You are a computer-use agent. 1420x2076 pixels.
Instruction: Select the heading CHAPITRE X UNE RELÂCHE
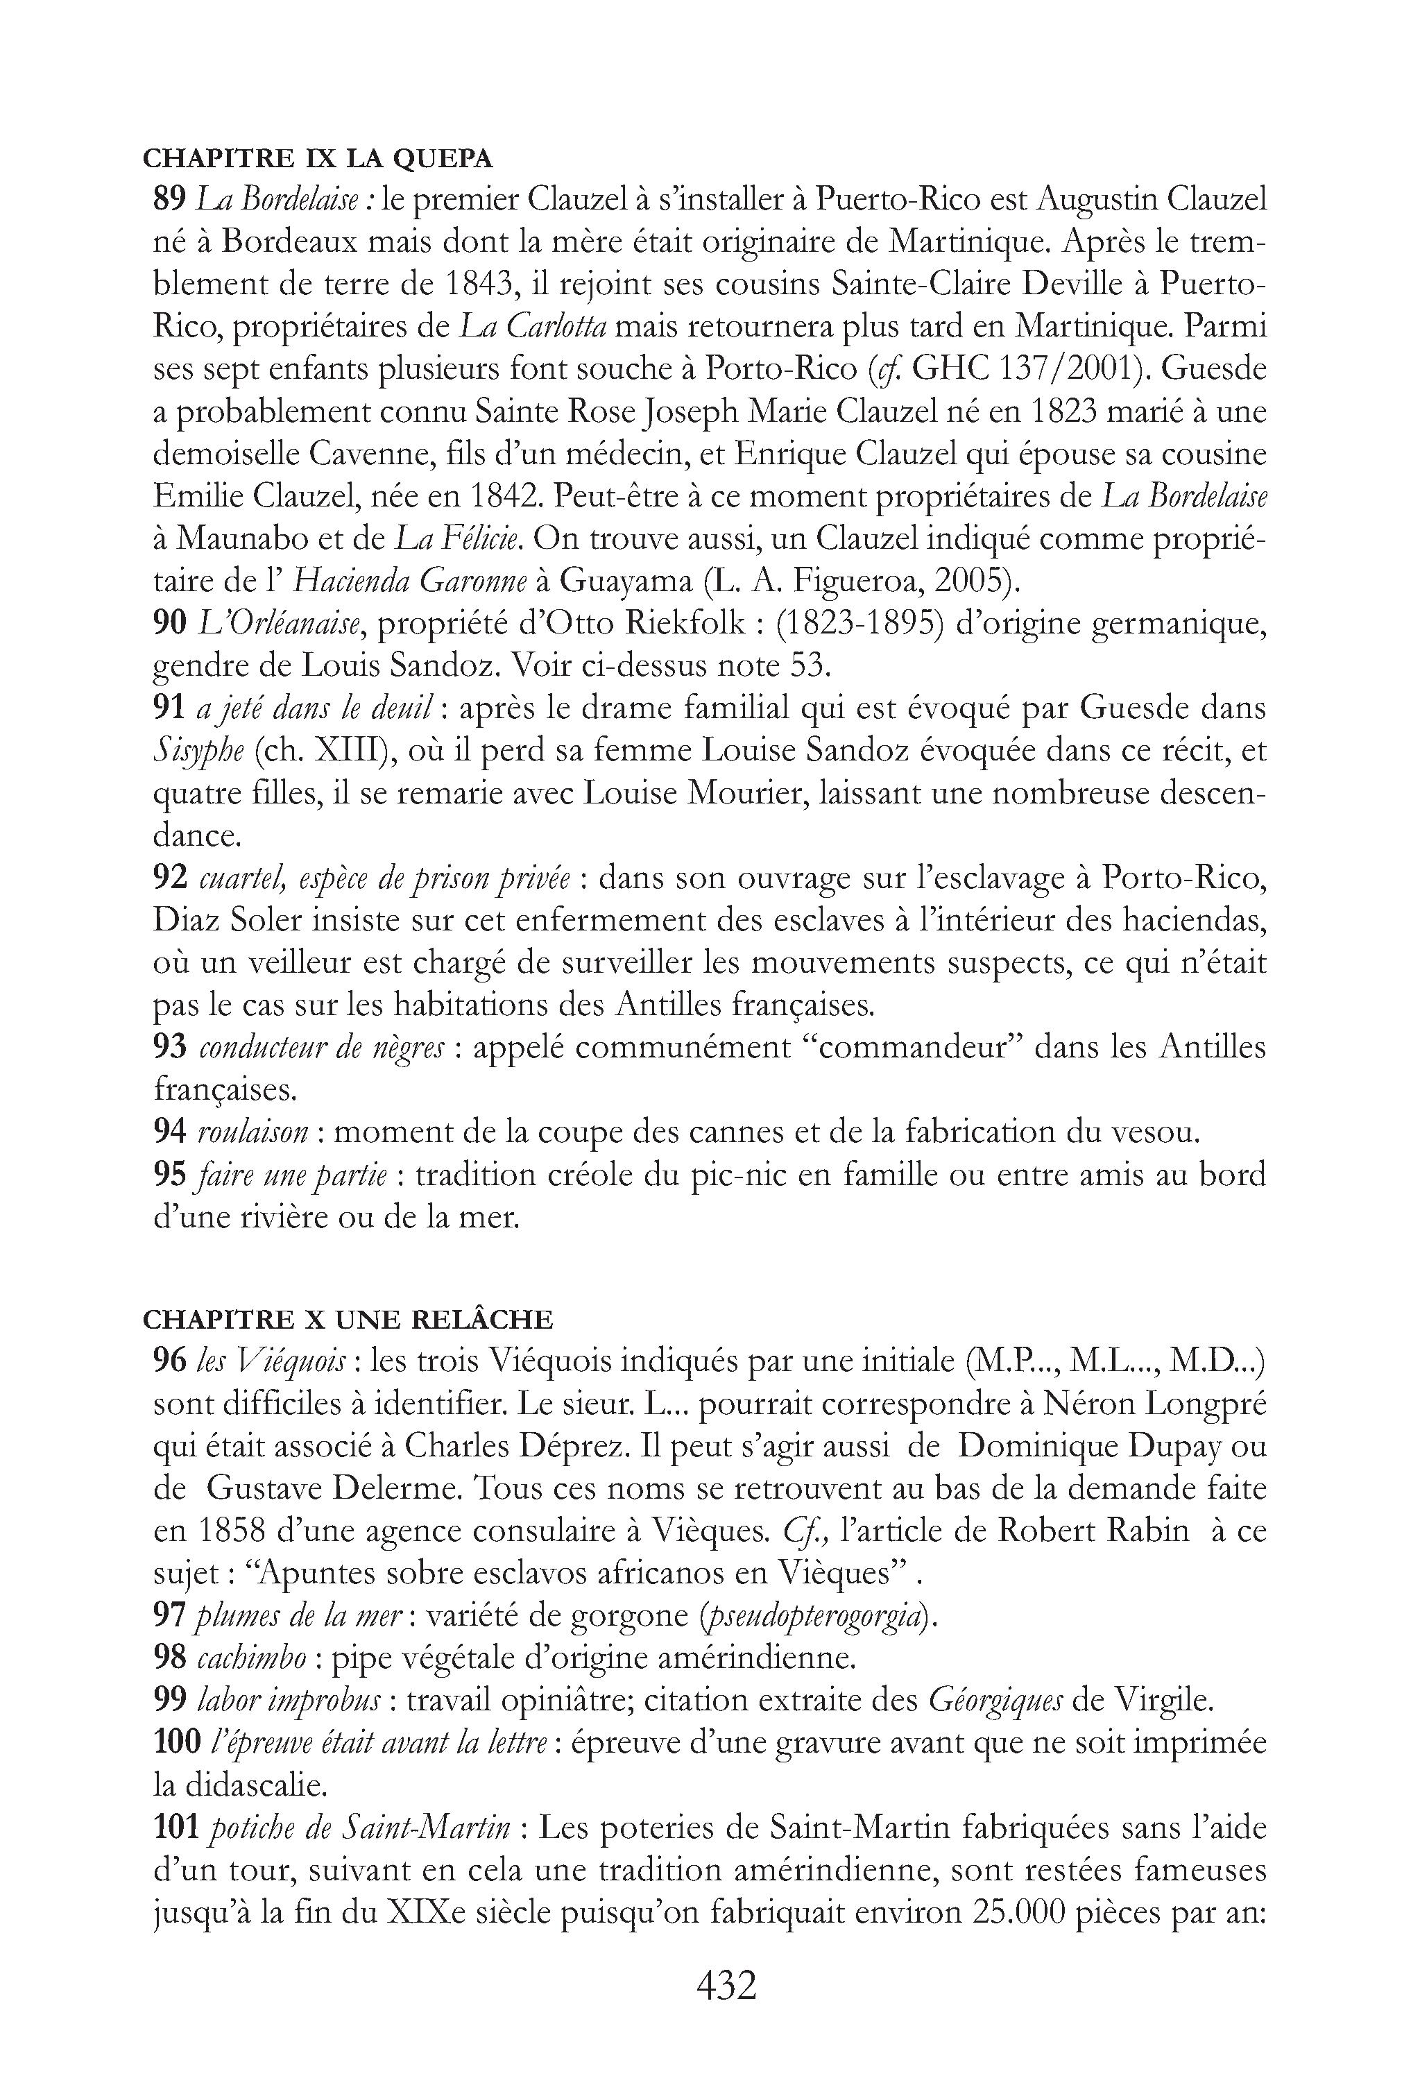point(348,1318)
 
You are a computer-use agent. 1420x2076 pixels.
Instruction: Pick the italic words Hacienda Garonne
point(410,581)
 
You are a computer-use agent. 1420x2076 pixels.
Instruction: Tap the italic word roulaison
point(253,1132)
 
